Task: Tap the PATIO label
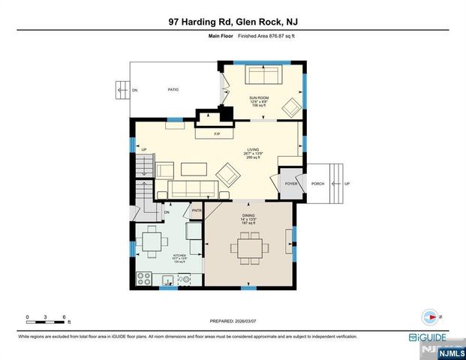tap(172, 88)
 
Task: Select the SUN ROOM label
tap(258, 98)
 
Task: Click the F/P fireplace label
tap(216, 134)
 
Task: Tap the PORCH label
tap(317, 183)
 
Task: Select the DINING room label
tap(248, 215)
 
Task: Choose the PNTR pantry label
tap(197, 211)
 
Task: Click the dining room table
tap(248, 245)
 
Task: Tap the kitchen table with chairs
tap(152, 241)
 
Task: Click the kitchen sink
tap(168, 280)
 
